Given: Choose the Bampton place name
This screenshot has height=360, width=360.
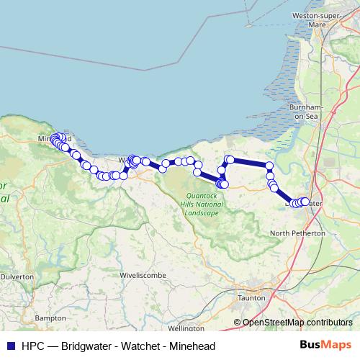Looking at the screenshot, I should [50, 317].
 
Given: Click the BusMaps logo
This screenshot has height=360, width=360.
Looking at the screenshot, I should [326, 345].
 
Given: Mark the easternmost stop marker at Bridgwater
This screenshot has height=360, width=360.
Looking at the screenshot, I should [306, 202].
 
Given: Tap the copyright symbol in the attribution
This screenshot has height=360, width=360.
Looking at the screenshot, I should [238, 322].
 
